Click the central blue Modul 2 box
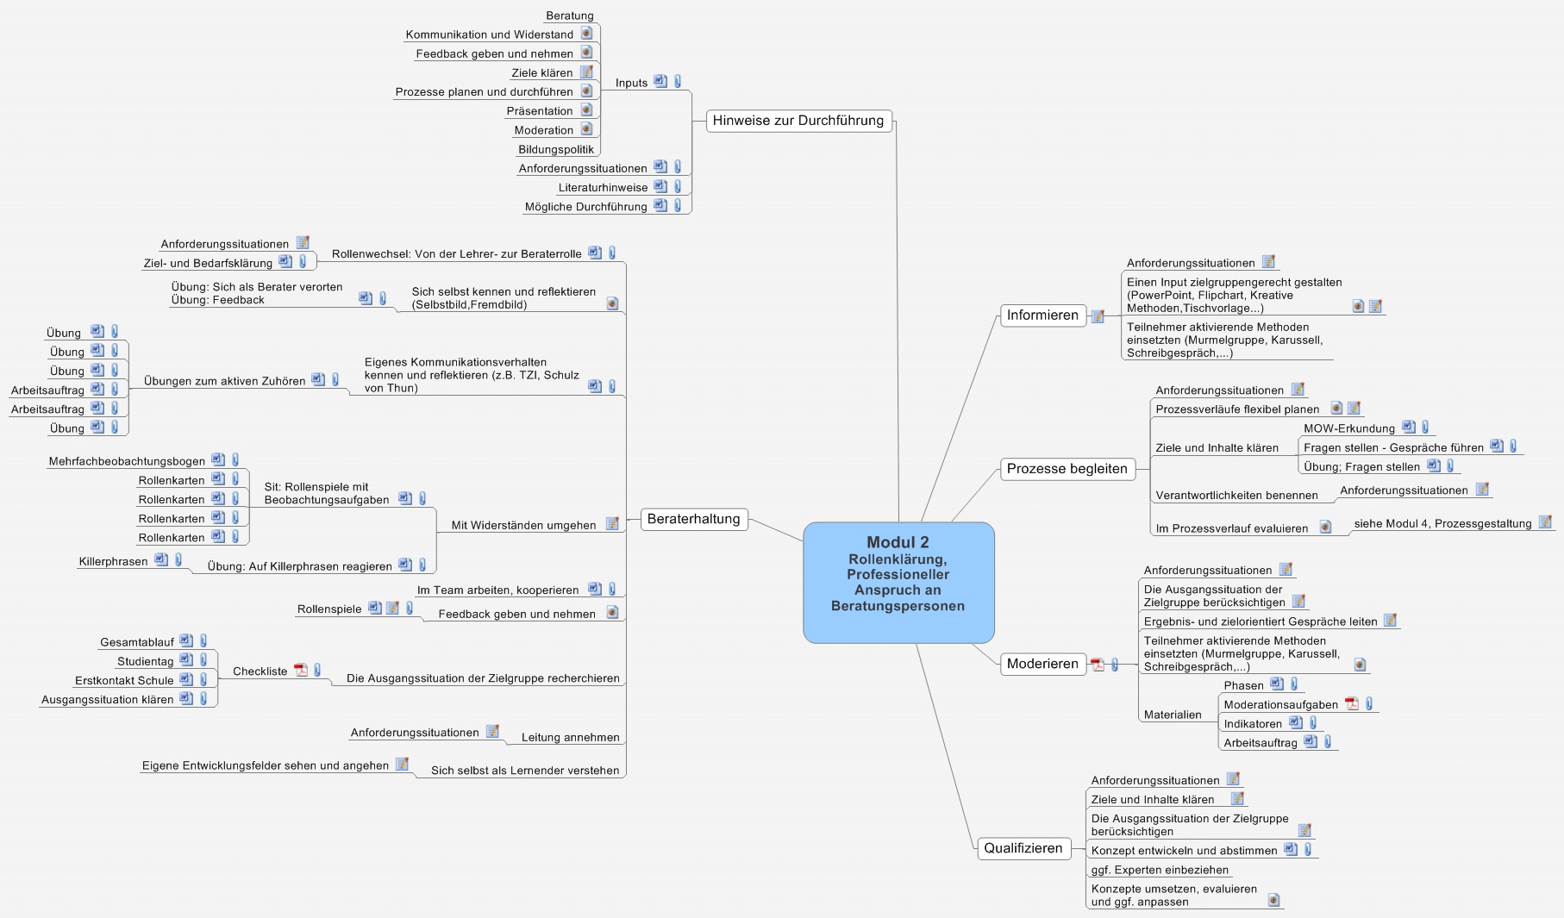coord(898,582)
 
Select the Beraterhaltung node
coord(693,519)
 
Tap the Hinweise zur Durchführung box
coord(798,121)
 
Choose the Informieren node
coord(1042,315)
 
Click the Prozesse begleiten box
coord(1067,469)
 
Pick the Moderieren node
coord(1042,664)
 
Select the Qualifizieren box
coord(1023,848)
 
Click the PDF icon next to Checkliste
coord(301,671)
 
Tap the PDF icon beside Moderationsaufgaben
coord(1352,704)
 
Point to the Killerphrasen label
coord(113,562)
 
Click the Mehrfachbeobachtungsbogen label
coord(127,462)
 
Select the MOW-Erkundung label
coord(1348,428)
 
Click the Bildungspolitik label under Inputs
coord(556,150)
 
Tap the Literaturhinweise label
coord(603,188)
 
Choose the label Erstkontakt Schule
coord(124,681)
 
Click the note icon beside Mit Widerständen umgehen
coord(612,524)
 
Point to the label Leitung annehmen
coord(570,738)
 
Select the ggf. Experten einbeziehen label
coord(1160,871)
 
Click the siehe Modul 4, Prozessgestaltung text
coord(1442,524)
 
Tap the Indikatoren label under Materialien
coord(1252,724)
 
